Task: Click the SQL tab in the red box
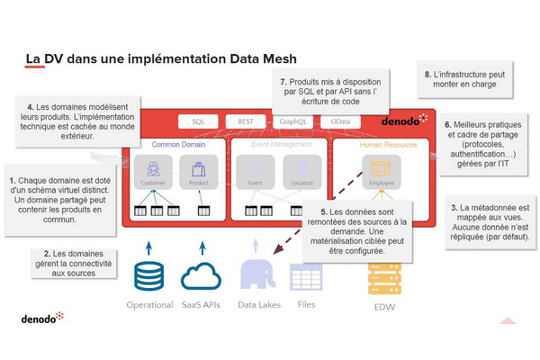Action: pos(198,121)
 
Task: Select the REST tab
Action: pos(245,121)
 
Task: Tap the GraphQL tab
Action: pos(293,121)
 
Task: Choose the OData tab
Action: pos(341,121)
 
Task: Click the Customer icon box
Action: pos(153,171)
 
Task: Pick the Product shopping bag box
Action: pos(198,171)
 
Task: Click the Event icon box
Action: pos(256,171)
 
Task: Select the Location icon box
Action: pos(301,171)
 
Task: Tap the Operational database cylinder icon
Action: pos(148,274)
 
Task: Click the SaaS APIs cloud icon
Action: pos(200,274)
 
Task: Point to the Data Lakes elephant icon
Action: pos(258,273)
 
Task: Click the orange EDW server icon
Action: pos(383,279)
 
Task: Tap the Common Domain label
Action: pos(178,144)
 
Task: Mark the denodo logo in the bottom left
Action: pos(42,319)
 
